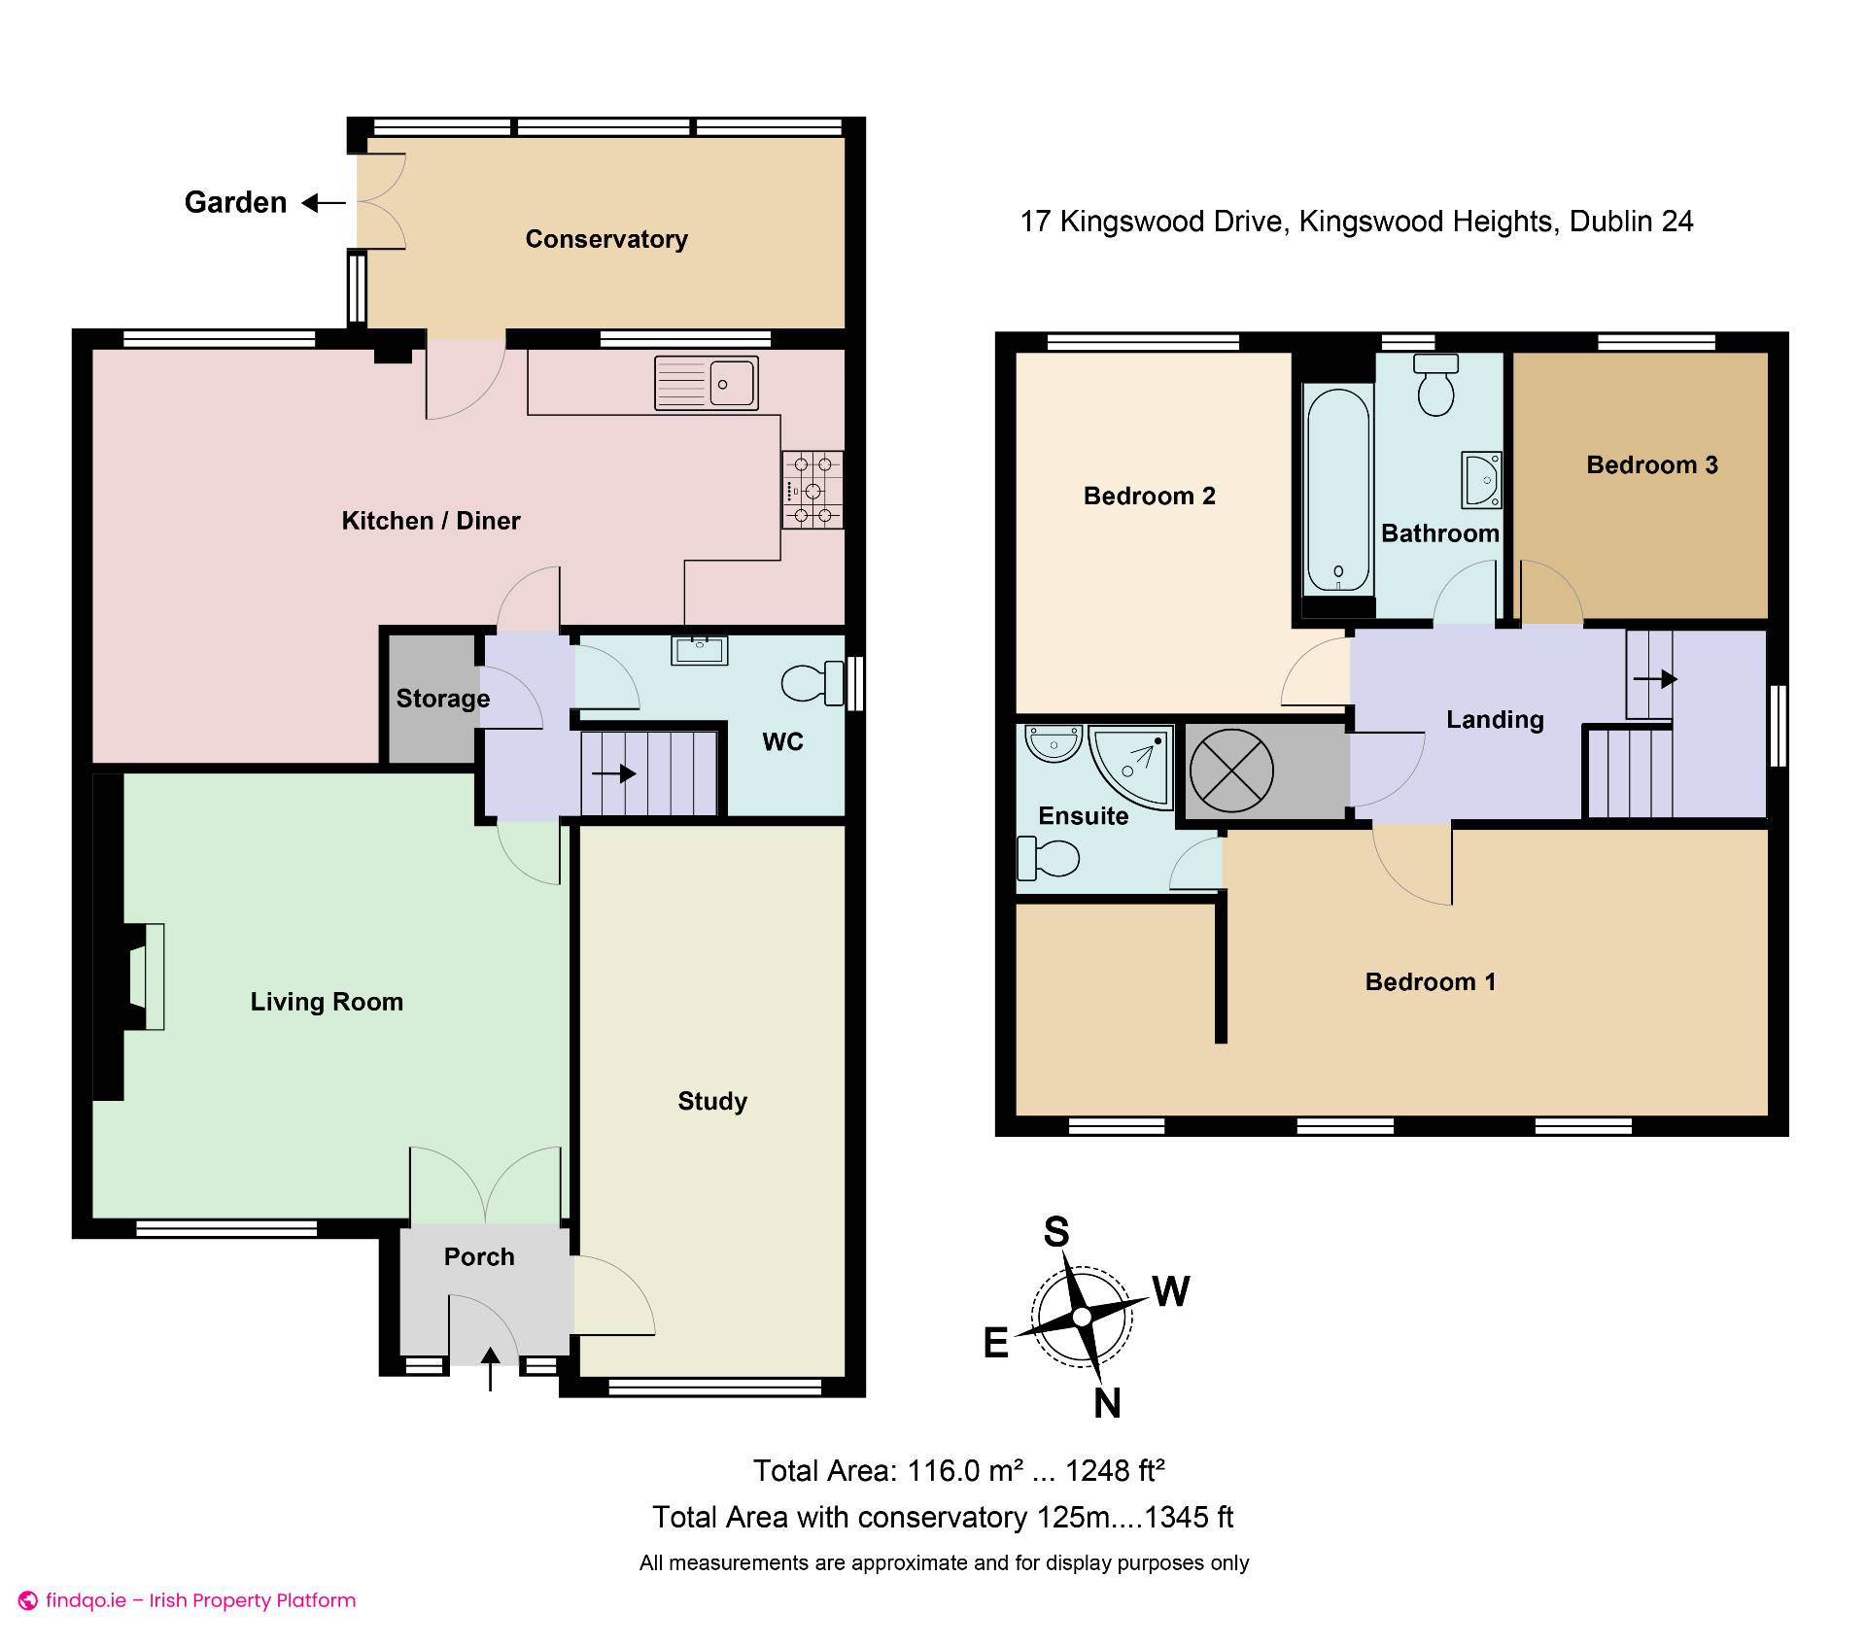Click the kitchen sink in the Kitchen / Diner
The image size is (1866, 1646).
pyautogui.click(x=707, y=383)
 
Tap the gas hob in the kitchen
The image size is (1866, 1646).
pyautogui.click(x=812, y=489)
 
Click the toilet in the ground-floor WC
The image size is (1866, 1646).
pyautogui.click(x=812, y=683)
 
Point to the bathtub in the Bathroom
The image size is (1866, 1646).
pyautogui.click(x=1338, y=490)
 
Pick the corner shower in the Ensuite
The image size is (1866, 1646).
pyautogui.click(x=1131, y=766)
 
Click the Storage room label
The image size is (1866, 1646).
pyautogui.click(x=443, y=699)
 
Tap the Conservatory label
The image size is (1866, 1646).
pyautogui.click(x=606, y=239)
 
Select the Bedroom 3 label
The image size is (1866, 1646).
pyautogui.click(x=1652, y=464)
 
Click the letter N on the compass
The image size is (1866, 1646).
pyautogui.click(x=1107, y=1403)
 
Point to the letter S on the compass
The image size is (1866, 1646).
pyautogui.click(x=1056, y=1232)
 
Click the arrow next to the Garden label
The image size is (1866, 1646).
pyautogui.click(x=324, y=203)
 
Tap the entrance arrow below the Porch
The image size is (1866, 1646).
pyautogui.click(x=490, y=1369)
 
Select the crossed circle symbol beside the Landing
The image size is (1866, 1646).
pyautogui.click(x=1231, y=771)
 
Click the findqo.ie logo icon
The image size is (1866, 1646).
pyautogui.click(x=28, y=1601)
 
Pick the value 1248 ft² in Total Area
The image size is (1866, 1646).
pyautogui.click(x=1115, y=1470)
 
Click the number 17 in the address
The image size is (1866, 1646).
pyautogui.click(x=1035, y=222)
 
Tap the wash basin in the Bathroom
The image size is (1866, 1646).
pyautogui.click(x=1482, y=479)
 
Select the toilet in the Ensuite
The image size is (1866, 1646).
pyautogui.click(x=1048, y=858)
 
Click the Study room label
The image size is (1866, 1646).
pyautogui.click(x=712, y=1101)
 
